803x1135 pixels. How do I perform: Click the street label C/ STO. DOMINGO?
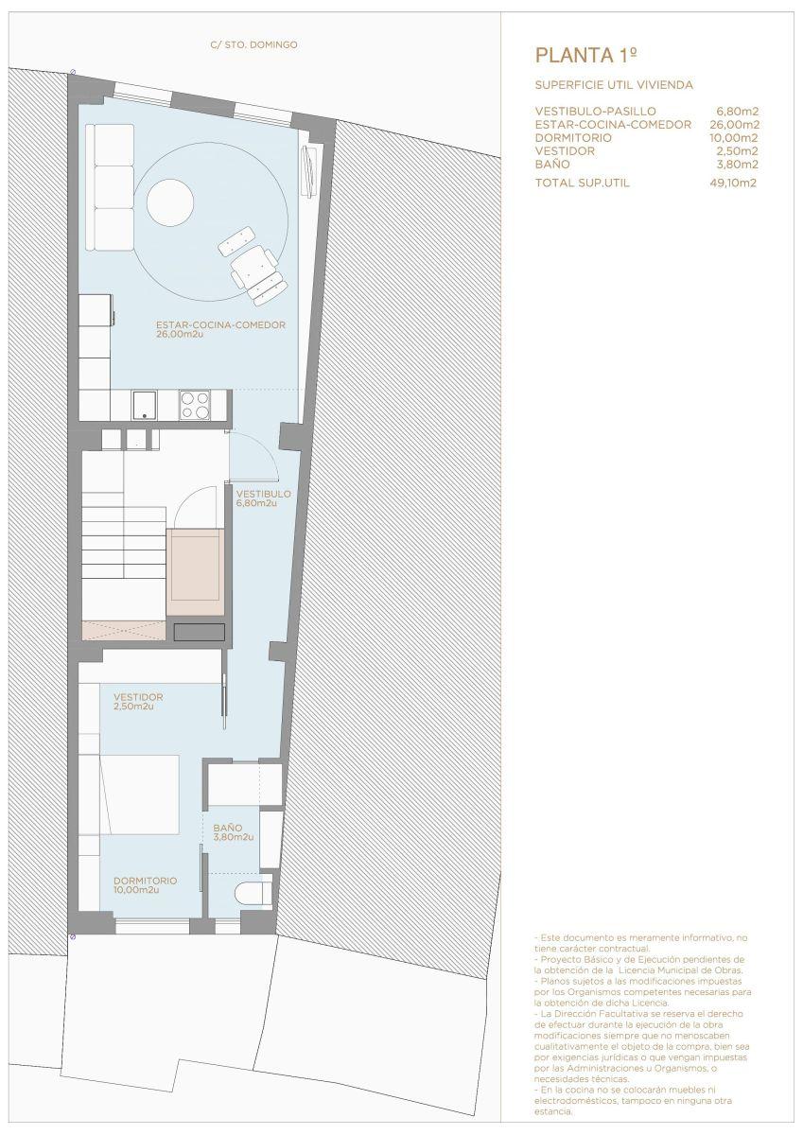coord(253,45)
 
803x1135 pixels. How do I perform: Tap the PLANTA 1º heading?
coord(585,56)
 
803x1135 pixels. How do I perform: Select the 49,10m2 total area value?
coord(733,183)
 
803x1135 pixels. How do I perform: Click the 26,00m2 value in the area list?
coord(734,125)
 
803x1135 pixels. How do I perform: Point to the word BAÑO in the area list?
coord(552,165)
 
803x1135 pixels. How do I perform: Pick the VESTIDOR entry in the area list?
coord(565,151)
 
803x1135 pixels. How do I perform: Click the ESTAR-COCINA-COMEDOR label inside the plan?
coord(221,324)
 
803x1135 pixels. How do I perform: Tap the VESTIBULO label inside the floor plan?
coord(264,494)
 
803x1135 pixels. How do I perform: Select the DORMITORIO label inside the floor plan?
coord(146,881)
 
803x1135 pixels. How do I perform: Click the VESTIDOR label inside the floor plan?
coord(138,697)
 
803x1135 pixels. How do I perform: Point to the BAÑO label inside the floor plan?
coord(228,828)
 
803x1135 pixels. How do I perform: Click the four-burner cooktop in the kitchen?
coord(195,405)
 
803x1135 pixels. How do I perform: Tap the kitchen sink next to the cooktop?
coord(145,405)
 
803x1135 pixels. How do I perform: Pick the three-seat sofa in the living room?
coord(110,187)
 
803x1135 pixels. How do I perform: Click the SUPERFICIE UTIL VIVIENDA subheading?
coord(614,85)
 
